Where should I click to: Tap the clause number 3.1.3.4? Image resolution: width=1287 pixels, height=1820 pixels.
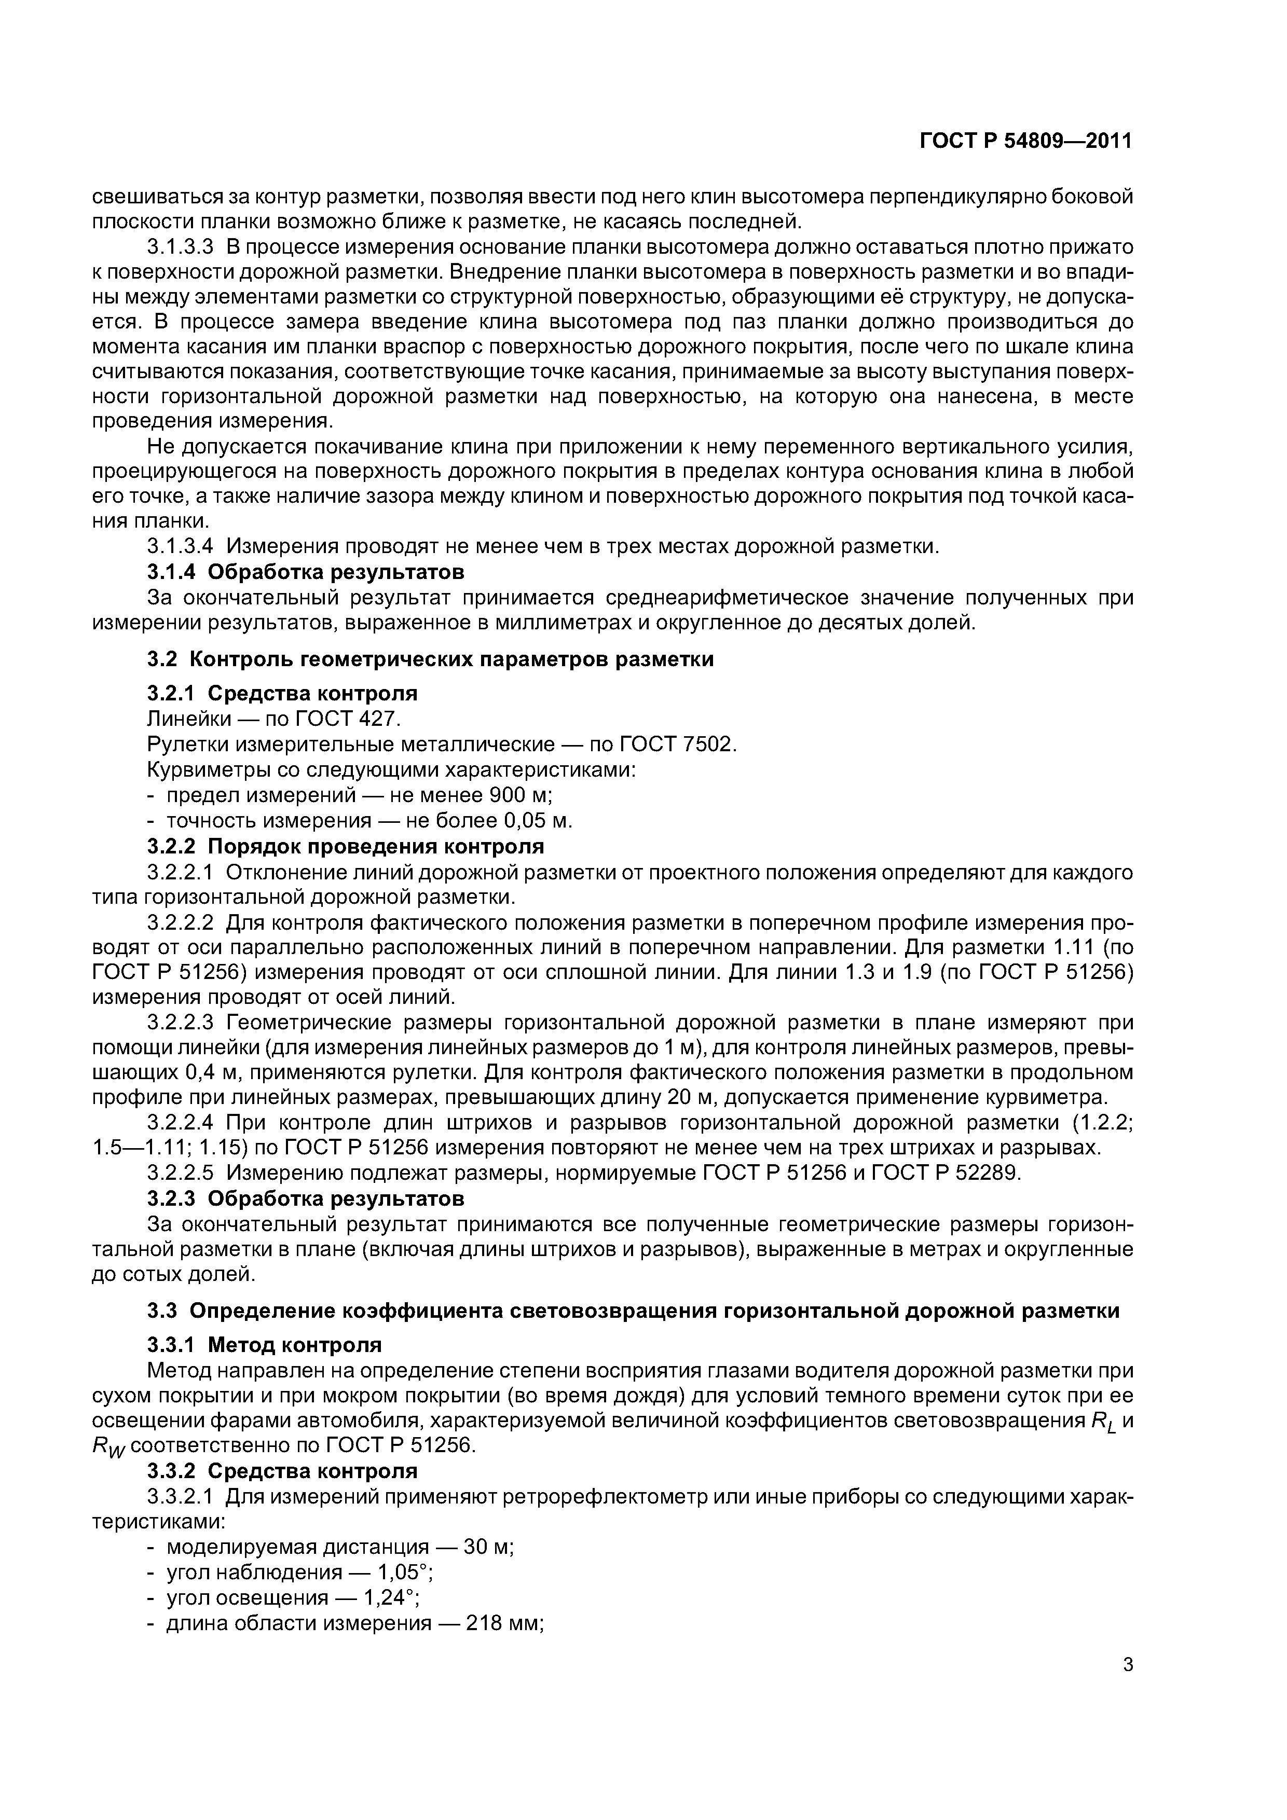click(181, 546)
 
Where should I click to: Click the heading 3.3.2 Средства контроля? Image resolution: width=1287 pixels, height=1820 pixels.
click(281, 1471)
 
